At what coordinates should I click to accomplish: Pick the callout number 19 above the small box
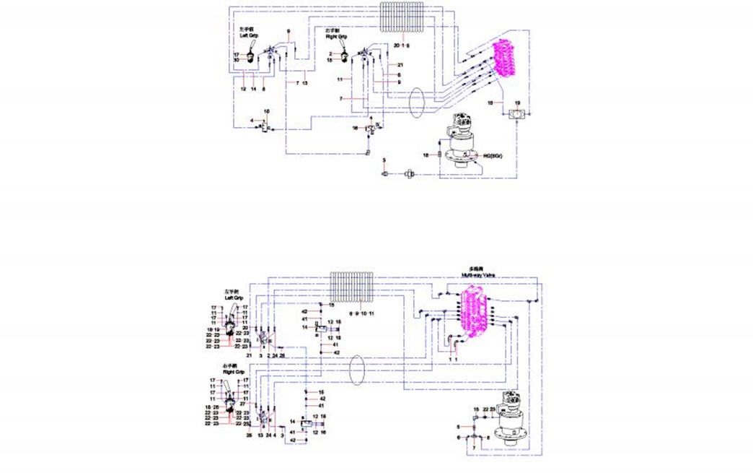[x=516, y=103]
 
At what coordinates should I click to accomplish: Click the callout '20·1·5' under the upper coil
[x=402, y=45]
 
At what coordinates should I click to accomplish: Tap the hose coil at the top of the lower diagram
[x=351, y=289]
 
